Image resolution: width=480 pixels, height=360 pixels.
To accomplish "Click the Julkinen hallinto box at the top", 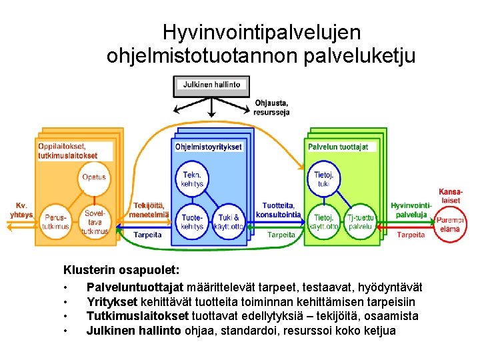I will (212, 85).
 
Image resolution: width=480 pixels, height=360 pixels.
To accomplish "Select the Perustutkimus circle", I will (55, 222).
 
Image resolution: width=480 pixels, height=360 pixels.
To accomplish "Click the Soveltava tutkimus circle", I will (94, 222).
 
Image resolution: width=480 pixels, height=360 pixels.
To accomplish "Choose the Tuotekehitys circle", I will (192, 222).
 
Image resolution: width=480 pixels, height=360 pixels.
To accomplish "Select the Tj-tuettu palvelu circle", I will (361, 222).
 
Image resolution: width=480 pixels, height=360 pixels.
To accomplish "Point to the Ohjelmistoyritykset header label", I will (208, 147).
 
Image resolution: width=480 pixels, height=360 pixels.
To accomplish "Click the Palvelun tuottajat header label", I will (338, 147).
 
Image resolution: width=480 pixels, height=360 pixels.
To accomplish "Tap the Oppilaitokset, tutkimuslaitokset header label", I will (67, 151).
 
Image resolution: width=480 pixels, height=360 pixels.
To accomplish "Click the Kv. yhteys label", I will (21, 210).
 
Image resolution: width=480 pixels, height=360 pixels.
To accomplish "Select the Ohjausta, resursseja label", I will (271, 107).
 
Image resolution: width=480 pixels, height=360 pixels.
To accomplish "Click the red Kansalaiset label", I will (450, 196).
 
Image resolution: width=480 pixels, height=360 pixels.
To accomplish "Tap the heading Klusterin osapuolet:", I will (121, 271).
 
